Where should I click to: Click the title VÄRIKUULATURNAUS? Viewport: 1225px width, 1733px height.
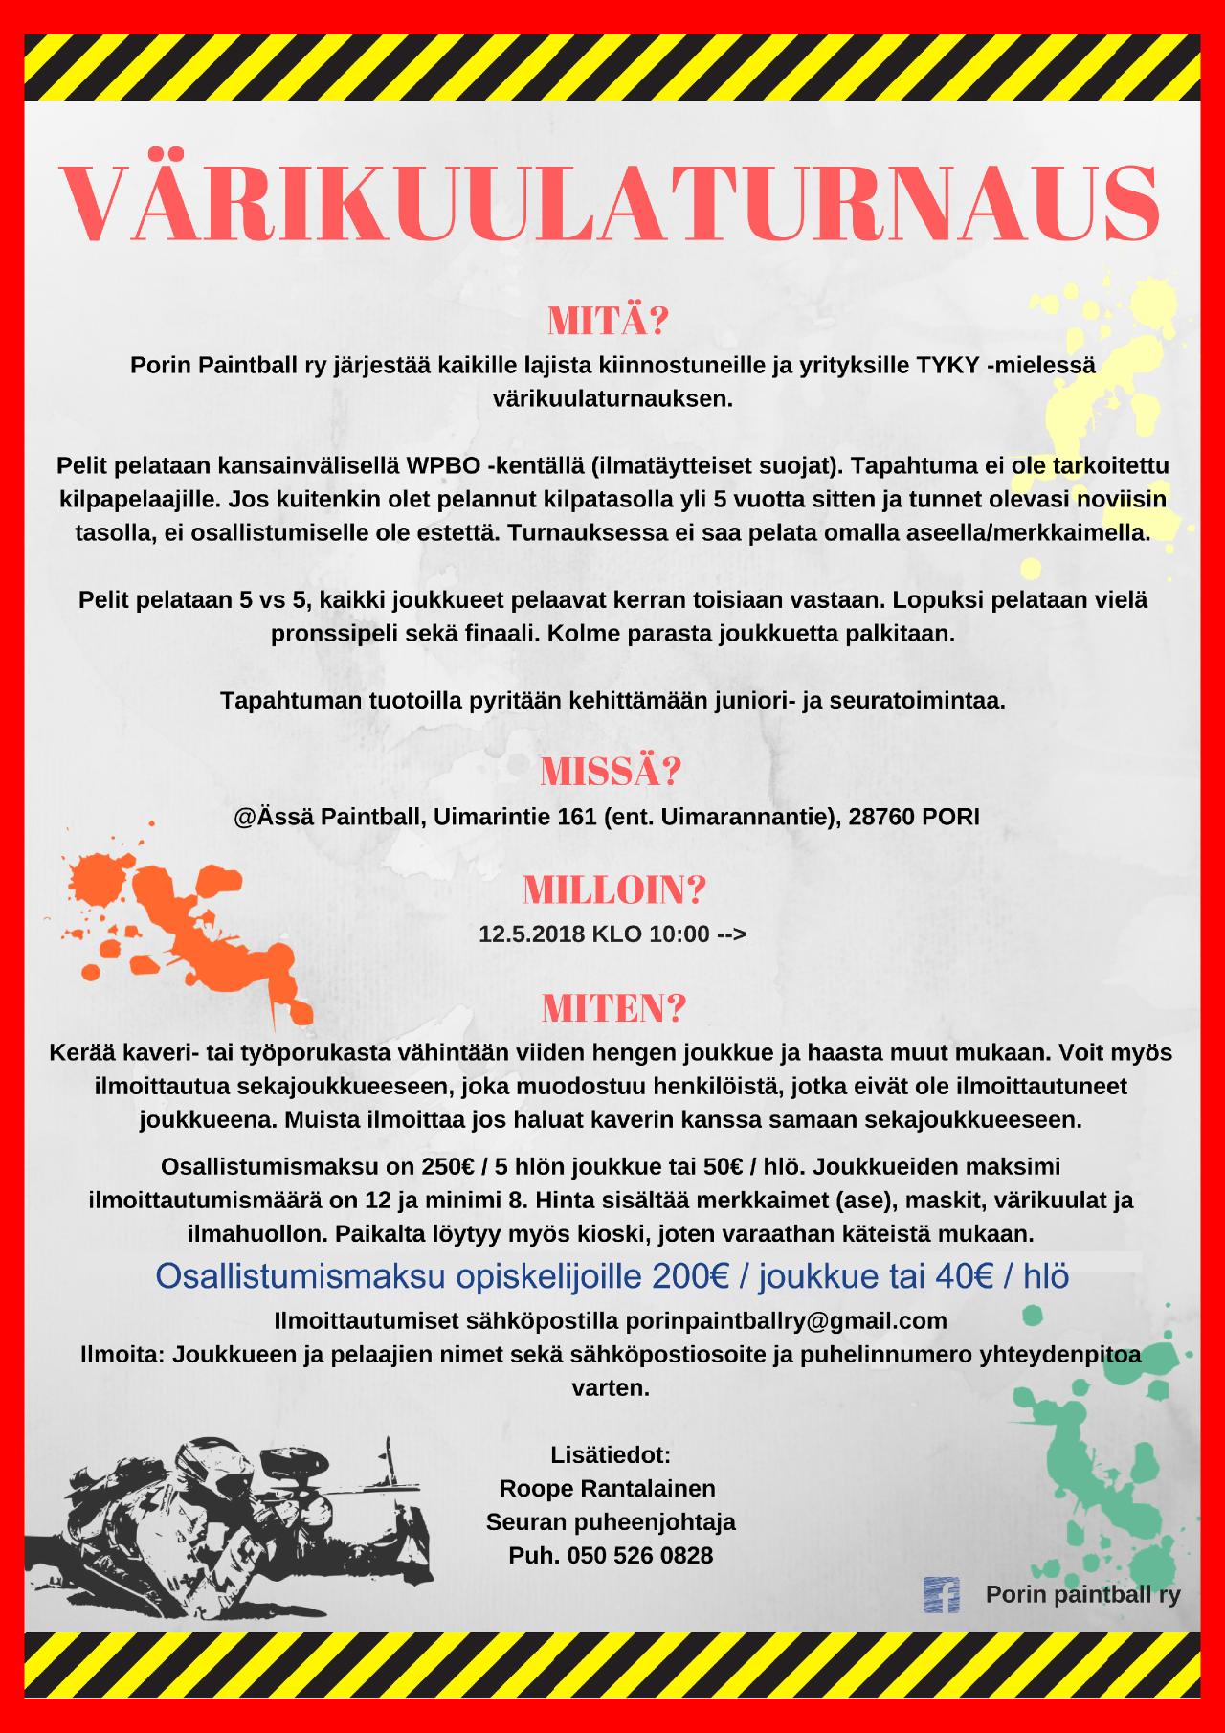[611, 203]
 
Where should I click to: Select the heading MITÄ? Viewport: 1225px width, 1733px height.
[607, 323]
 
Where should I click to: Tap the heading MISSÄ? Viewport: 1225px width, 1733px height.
[611, 771]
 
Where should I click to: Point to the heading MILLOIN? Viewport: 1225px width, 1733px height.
[613, 890]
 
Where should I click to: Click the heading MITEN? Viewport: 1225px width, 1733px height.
[613, 1007]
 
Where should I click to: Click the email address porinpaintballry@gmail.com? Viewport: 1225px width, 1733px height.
[786, 1320]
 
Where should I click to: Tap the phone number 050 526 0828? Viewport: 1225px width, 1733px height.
[639, 1555]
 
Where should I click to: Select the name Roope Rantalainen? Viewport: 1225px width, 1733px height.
[608, 1488]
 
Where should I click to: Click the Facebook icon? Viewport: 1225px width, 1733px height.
[940, 1594]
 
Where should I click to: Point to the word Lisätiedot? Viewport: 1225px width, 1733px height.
[611, 1454]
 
